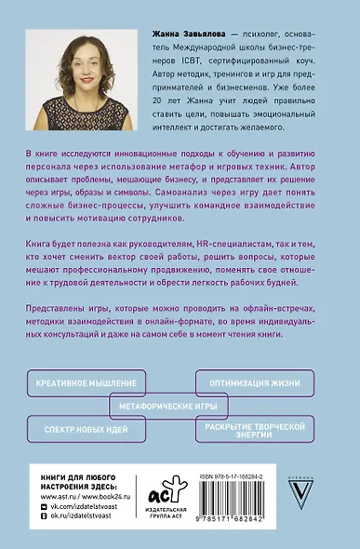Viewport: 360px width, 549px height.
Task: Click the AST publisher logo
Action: pyautogui.click(x=159, y=493)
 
